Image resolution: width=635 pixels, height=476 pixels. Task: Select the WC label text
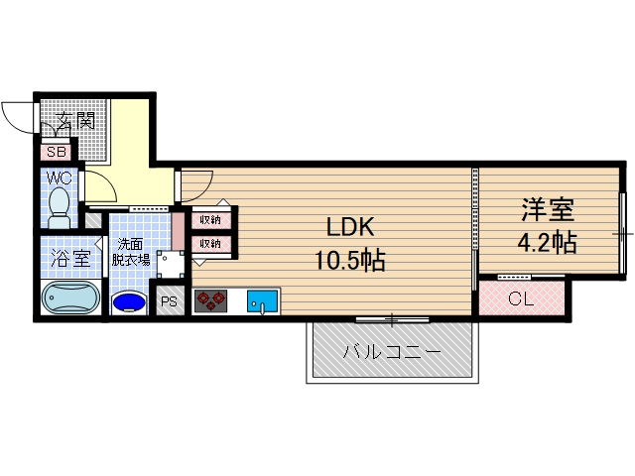(x=58, y=179)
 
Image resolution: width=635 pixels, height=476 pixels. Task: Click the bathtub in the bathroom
(x=70, y=297)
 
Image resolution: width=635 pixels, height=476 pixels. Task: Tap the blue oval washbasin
(x=128, y=301)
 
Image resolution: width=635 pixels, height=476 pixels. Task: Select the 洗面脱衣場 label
(x=130, y=252)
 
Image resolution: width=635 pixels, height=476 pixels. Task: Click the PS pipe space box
(x=169, y=301)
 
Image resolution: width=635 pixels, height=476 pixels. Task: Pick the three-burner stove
(x=209, y=300)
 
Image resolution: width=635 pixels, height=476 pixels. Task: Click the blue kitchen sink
(x=262, y=300)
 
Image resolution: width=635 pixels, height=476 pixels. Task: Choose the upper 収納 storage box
(x=210, y=220)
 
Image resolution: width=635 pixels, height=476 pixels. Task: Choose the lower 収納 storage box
(x=210, y=243)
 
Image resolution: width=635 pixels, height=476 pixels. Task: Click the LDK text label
(x=350, y=227)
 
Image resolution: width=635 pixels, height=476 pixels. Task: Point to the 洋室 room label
(x=548, y=211)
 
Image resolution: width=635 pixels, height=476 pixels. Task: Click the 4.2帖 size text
(x=548, y=242)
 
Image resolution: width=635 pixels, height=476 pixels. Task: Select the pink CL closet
(x=521, y=298)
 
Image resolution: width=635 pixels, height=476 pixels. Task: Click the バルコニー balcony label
(x=390, y=352)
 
